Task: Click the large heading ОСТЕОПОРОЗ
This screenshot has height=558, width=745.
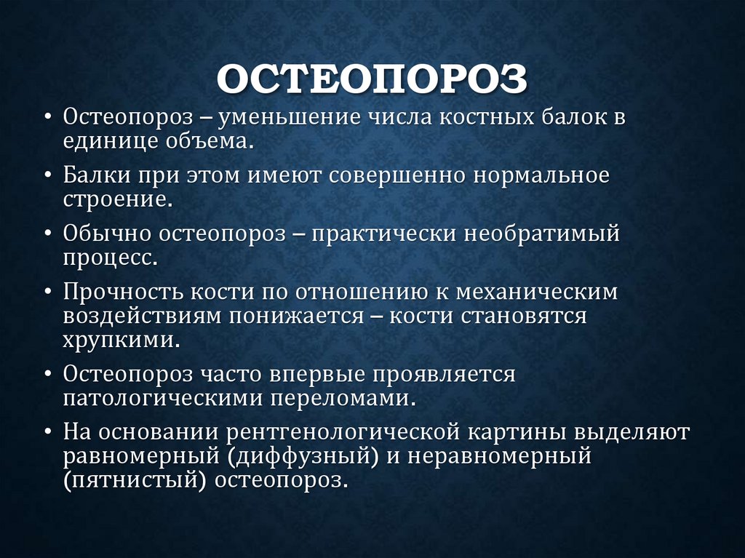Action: [372, 79]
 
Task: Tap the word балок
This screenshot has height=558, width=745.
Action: [562, 117]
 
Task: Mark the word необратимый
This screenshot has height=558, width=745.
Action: [552, 234]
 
